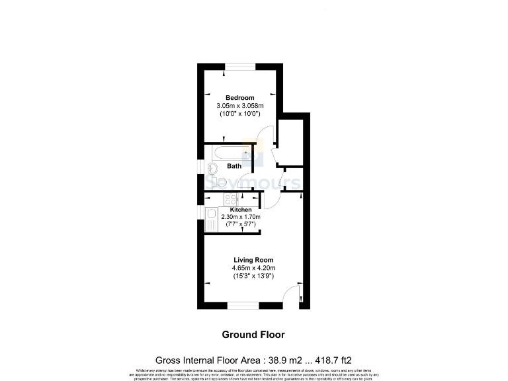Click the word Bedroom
239,98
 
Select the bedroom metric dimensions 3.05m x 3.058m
239,106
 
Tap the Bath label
234,166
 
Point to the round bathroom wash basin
213,168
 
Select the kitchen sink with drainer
212,219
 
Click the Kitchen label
240,210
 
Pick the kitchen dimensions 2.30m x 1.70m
241,217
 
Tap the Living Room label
253,260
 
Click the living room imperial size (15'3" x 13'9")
253,275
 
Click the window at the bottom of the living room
245,306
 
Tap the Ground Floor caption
253,334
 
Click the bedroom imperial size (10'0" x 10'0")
239,114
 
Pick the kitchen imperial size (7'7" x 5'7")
241,224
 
